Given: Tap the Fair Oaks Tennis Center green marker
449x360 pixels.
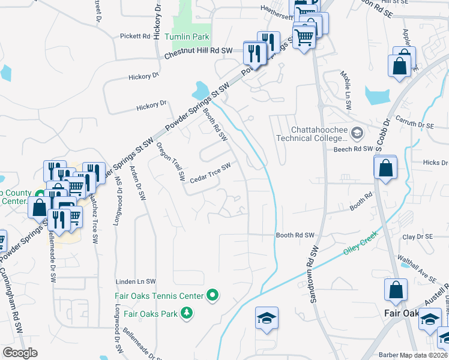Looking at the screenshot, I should [x=211, y=295].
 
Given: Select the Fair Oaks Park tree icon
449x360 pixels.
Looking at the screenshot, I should [x=187, y=313].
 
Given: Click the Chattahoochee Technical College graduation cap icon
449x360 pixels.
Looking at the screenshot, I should [x=357, y=132].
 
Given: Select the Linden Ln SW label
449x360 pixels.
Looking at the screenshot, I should [x=136, y=281].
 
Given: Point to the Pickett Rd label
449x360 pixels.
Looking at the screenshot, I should [x=134, y=36].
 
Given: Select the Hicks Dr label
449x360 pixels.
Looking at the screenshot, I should [x=435, y=163].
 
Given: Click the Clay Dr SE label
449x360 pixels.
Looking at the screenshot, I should [x=417, y=237].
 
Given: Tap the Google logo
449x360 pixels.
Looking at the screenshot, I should [x=20, y=353].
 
